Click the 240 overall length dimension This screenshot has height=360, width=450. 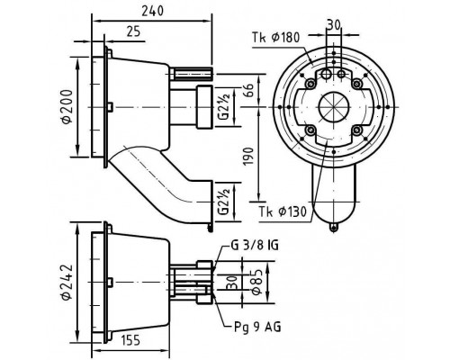point(153,11)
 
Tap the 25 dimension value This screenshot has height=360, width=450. point(133,31)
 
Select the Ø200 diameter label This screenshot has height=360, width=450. point(67,106)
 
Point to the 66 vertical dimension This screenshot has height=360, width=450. point(248,90)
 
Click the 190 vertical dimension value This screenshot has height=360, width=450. point(248,156)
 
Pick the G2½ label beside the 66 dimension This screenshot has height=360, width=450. point(224,106)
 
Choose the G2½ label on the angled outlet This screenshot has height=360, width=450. point(224,201)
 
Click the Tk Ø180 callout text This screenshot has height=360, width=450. point(275,38)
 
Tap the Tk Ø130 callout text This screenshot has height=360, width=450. point(283,212)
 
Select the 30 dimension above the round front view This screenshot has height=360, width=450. point(334,25)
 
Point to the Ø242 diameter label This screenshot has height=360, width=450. point(67,282)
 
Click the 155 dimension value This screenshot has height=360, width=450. point(130,340)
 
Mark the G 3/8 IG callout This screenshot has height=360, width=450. point(255,245)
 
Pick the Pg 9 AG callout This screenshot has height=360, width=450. point(257,327)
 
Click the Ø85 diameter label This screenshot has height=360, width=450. point(256,282)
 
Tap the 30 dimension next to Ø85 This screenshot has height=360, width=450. point(232,283)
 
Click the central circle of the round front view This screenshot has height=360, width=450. point(334,107)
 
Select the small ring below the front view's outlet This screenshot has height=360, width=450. point(334,227)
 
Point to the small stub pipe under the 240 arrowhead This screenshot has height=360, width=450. point(191,74)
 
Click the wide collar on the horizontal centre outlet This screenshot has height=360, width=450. point(204,107)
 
